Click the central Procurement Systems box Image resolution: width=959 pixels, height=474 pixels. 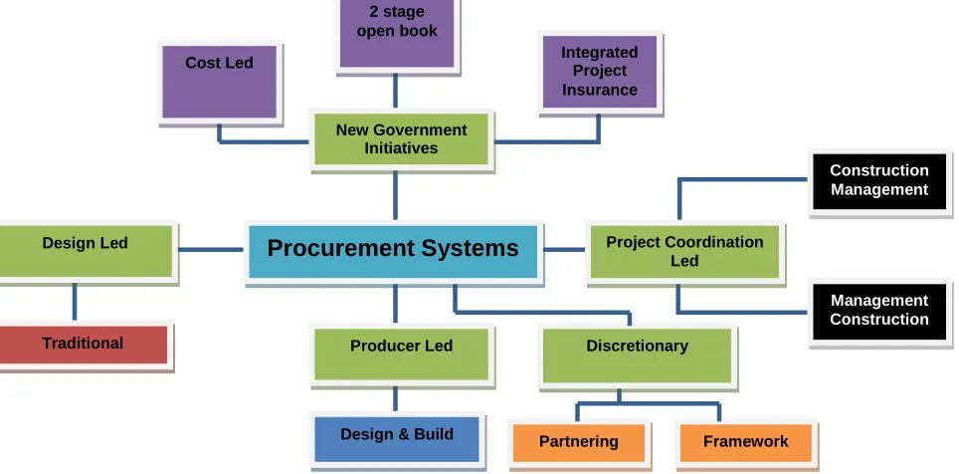point(393,252)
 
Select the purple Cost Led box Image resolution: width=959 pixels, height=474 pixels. point(220,82)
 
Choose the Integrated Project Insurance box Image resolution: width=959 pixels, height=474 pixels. point(600,72)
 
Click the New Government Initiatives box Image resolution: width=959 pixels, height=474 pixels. point(401,139)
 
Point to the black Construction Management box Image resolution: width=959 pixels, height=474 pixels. point(879,181)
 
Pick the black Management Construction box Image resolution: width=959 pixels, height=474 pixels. point(879,312)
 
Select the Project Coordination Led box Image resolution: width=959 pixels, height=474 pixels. point(685,252)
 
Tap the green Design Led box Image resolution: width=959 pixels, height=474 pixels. point(86,252)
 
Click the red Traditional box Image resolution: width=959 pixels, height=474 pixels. point(84,345)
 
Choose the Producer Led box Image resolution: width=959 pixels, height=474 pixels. point(401,355)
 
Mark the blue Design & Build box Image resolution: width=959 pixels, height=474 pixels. point(397,439)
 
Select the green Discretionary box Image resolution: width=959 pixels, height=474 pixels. point(638,355)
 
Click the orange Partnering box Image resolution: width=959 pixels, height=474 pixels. point(579,443)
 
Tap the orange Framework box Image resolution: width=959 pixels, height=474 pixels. point(746,443)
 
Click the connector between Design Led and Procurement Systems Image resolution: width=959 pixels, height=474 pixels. point(211,250)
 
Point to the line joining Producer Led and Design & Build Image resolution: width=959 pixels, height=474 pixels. point(395,399)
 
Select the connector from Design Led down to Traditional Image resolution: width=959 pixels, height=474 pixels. point(75,303)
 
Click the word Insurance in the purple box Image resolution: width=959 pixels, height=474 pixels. point(599,90)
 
